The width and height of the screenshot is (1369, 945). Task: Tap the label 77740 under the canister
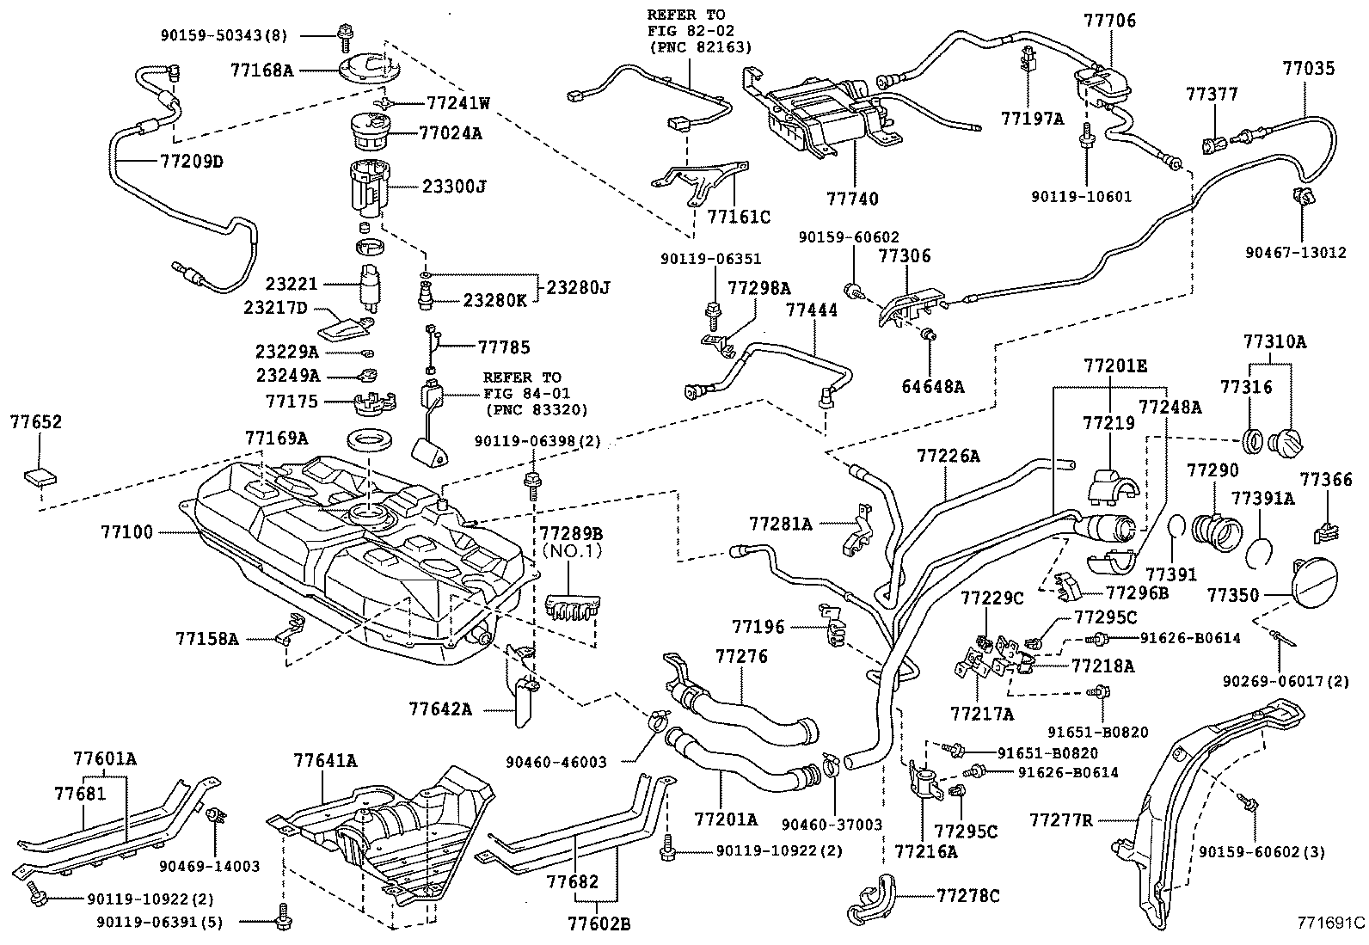click(x=852, y=199)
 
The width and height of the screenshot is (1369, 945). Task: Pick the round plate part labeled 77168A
click(x=367, y=69)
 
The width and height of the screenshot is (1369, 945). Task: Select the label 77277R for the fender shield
click(x=1060, y=820)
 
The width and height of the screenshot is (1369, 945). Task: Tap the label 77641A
click(x=324, y=760)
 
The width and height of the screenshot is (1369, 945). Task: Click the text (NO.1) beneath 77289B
click(x=571, y=551)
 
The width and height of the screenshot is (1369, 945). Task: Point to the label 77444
click(x=811, y=310)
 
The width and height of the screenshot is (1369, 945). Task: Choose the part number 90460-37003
click(x=832, y=825)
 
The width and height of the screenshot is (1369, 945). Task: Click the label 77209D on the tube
click(x=191, y=161)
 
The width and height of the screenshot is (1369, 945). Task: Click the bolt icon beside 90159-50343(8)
click(x=346, y=35)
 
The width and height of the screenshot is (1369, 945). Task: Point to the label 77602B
click(x=599, y=924)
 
